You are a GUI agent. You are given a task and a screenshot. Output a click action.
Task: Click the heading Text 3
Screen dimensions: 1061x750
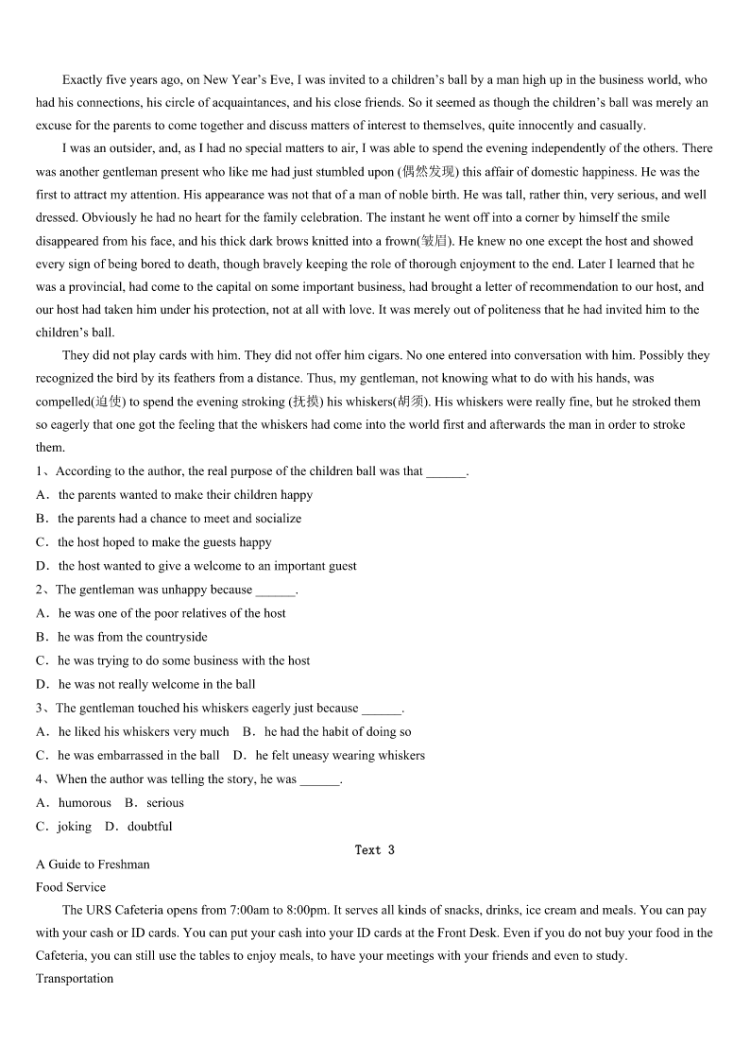point(374,849)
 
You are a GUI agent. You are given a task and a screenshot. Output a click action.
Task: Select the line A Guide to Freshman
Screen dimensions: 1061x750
point(93,864)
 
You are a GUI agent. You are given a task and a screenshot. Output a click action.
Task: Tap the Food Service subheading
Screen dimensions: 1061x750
point(71,887)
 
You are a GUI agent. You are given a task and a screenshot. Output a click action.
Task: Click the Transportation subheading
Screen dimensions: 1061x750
point(75,978)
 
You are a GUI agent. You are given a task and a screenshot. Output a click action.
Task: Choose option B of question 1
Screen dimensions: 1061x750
point(179,518)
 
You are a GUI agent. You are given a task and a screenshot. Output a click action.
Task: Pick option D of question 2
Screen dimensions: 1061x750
point(157,684)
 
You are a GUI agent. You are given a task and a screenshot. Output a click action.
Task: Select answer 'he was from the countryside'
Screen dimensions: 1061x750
point(132,637)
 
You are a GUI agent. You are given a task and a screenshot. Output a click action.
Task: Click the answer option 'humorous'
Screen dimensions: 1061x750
point(85,802)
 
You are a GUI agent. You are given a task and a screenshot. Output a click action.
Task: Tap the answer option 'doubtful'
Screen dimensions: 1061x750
point(150,826)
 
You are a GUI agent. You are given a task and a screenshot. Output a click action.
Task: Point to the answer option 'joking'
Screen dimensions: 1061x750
point(75,826)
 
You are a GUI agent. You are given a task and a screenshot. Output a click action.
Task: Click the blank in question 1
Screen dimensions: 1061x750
point(446,471)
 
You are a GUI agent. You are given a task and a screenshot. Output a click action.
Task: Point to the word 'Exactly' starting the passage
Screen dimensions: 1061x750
point(83,80)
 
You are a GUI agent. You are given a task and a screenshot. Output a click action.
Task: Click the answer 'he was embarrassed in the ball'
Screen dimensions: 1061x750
point(139,755)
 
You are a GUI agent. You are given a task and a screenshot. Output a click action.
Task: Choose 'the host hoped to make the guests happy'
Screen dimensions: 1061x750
point(164,542)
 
